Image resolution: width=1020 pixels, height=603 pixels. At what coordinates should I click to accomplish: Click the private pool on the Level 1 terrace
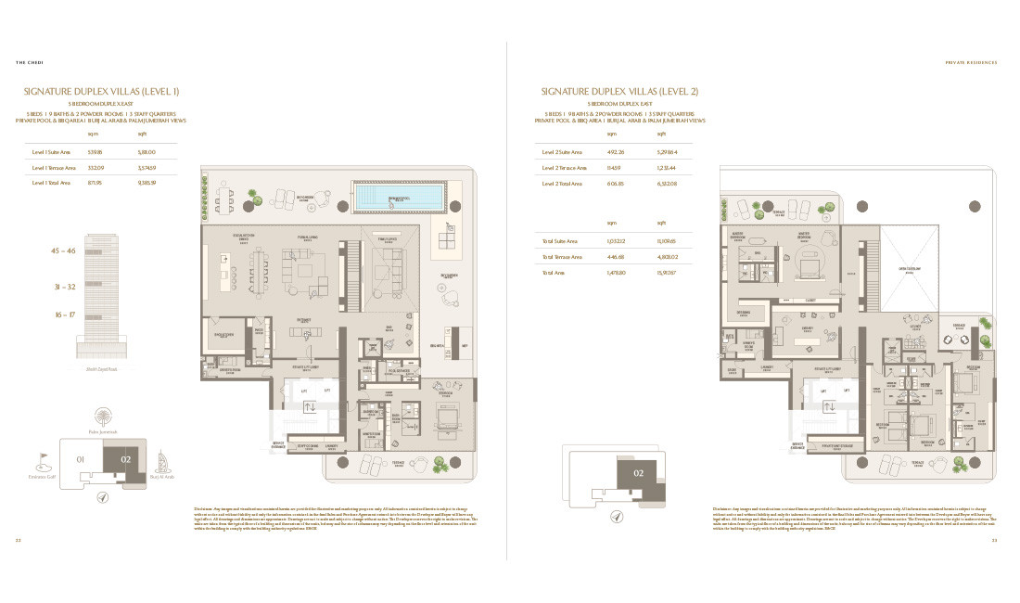pyautogui.click(x=399, y=198)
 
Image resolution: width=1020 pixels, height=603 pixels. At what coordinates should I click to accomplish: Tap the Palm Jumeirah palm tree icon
pyautogui.click(x=100, y=417)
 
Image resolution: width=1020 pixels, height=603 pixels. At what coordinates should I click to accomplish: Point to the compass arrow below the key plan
pyautogui.click(x=102, y=497)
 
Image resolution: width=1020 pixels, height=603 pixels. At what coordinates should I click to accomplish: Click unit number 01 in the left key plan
pyautogui.click(x=81, y=457)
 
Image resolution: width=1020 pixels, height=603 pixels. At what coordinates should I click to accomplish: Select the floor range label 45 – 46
pyautogui.click(x=63, y=250)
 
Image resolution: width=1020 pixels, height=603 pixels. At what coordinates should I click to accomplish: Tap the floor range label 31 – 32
pyautogui.click(x=63, y=287)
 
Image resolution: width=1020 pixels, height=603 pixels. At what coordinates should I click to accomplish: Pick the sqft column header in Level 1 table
pyautogui.click(x=142, y=134)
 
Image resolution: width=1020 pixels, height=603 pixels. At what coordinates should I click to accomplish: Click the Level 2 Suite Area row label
pyautogui.click(x=562, y=151)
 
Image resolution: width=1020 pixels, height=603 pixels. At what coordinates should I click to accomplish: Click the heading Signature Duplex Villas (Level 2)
pyautogui.click(x=619, y=91)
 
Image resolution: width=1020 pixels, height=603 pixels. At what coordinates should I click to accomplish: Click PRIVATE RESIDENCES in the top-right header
pyautogui.click(x=970, y=63)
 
